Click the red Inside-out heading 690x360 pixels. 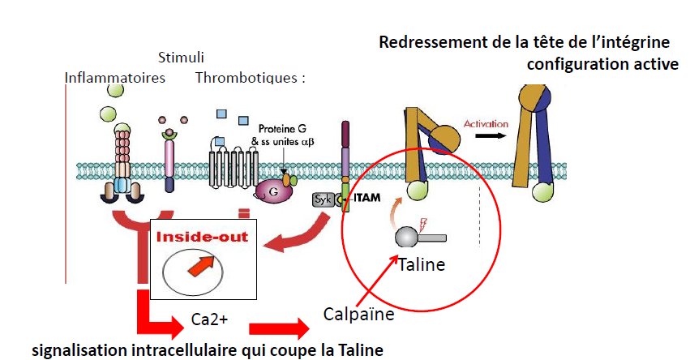(x=203, y=238)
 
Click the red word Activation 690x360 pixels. (x=486, y=124)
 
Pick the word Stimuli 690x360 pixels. (x=180, y=58)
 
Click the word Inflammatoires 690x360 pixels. (x=115, y=78)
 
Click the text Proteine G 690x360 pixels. (x=281, y=129)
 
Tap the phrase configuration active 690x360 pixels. (x=602, y=64)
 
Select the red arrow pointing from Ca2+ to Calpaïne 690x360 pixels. (x=279, y=328)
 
